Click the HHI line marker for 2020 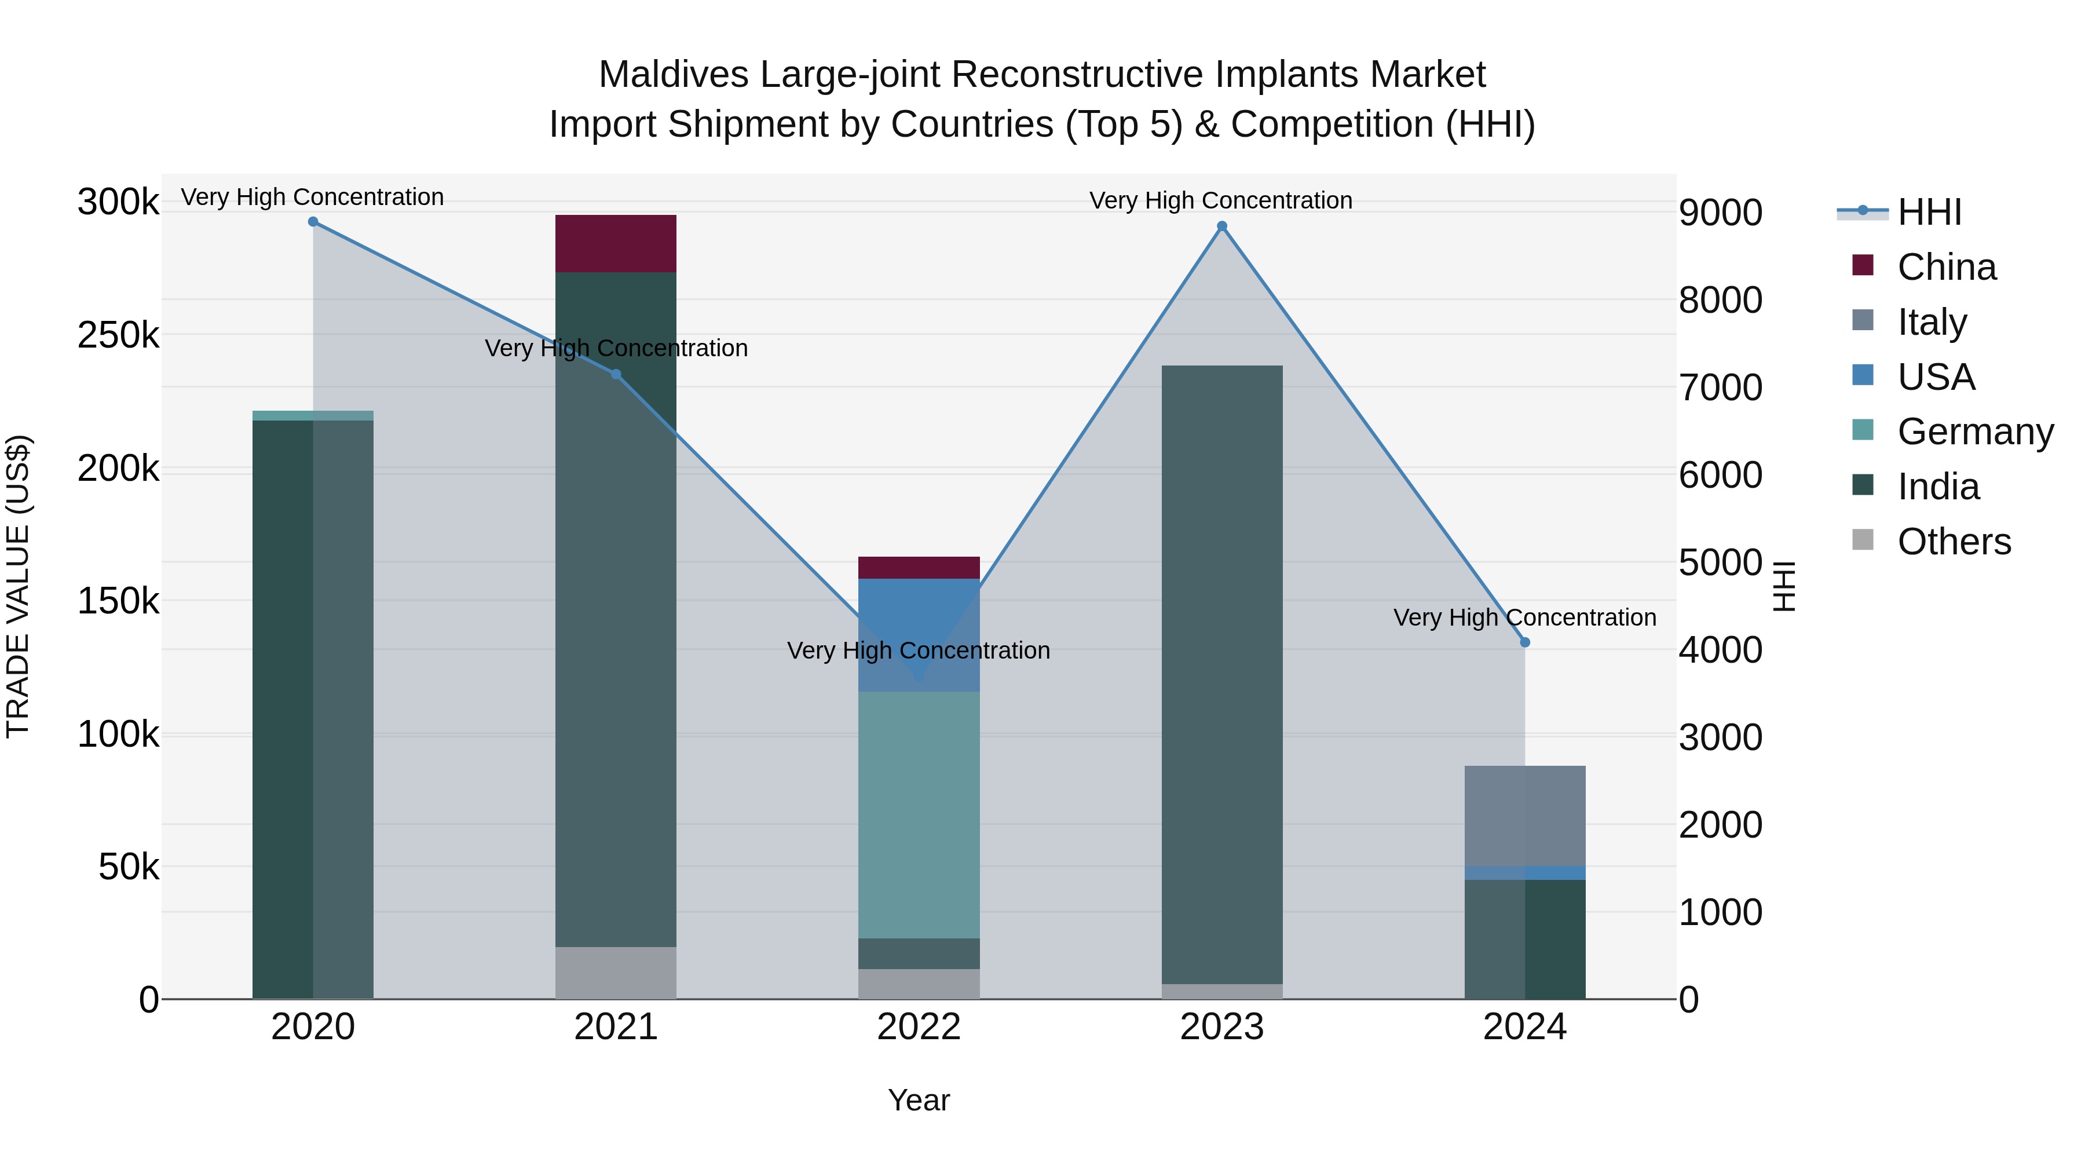pos(313,222)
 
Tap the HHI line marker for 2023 pos(1222,226)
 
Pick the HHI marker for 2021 pos(616,375)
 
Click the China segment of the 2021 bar pos(616,244)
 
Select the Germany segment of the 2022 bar pos(919,814)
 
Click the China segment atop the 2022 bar pos(919,568)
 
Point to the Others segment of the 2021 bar pos(616,973)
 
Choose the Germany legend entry pos(1975,432)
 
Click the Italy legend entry pos(1931,322)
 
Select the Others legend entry pos(1954,542)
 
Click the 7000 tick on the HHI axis pos(1720,388)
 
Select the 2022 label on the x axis pos(919,1027)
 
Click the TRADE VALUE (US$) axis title pos(19,586)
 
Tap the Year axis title pos(919,1100)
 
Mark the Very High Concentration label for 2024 pos(1525,617)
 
